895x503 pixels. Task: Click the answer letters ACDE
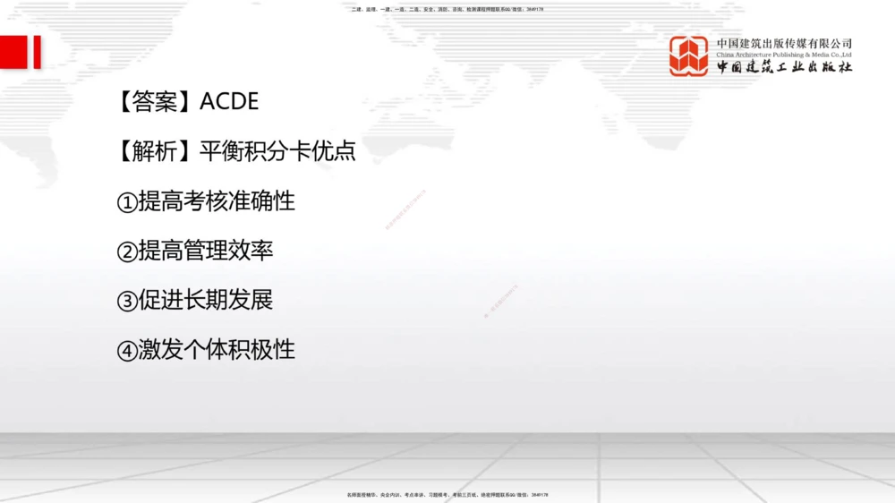229,102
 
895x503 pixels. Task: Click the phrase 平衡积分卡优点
277,151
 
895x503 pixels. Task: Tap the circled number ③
126,301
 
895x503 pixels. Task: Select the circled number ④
126,350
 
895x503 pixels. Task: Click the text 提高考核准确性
216,201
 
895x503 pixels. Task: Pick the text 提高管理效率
205,251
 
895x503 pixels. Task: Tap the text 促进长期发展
205,300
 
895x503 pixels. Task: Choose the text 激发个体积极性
216,349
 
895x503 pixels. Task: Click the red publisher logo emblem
688,55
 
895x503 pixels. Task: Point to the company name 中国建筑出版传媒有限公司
784,43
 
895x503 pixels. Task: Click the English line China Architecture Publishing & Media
784,55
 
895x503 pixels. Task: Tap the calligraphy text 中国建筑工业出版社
784,67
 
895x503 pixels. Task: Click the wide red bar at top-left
13,52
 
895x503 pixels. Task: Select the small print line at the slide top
447,9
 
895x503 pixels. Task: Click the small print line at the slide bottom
447,494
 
